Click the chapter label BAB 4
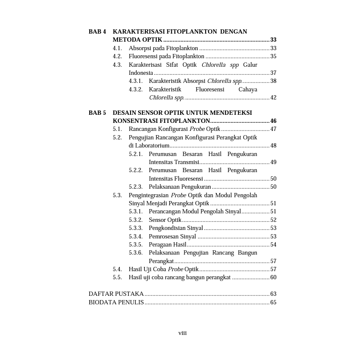click(97, 31)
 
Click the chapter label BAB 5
click(97, 113)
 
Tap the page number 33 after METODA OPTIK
click(273, 40)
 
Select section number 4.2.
click(117, 56)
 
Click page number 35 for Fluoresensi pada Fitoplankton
click(273, 56)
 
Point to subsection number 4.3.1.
click(136, 81)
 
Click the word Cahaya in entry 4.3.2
click(248, 89)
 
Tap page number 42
click(273, 97)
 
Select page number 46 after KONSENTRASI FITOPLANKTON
click(273, 121)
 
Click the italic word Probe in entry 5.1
click(197, 129)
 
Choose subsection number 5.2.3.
click(136, 187)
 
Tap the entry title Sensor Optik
click(165, 220)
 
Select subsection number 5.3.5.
click(136, 244)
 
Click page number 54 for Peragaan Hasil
click(273, 244)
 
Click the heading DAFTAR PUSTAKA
click(116, 294)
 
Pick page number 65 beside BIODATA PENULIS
click(273, 302)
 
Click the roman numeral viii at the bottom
click(182, 333)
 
